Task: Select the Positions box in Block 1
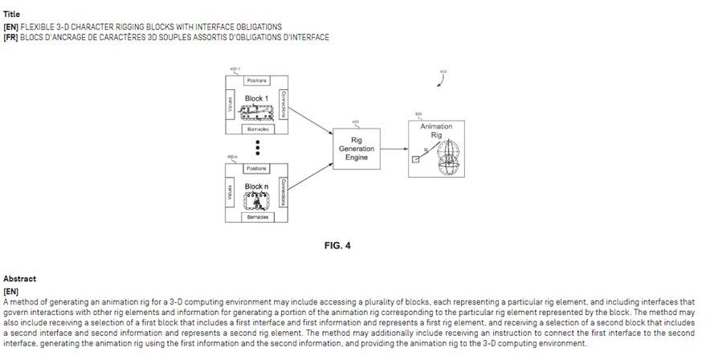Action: (256, 80)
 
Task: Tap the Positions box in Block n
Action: (256, 168)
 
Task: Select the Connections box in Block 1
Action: (283, 105)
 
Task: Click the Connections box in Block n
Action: (283, 193)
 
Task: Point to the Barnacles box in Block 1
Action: (257, 129)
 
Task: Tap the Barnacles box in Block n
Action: (257, 217)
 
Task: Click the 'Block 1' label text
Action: (257, 97)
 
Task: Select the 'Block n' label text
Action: (257, 186)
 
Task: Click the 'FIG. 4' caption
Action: (337, 245)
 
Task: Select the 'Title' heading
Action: (11, 14)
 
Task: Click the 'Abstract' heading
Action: (18, 278)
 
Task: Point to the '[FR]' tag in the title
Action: (11, 37)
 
